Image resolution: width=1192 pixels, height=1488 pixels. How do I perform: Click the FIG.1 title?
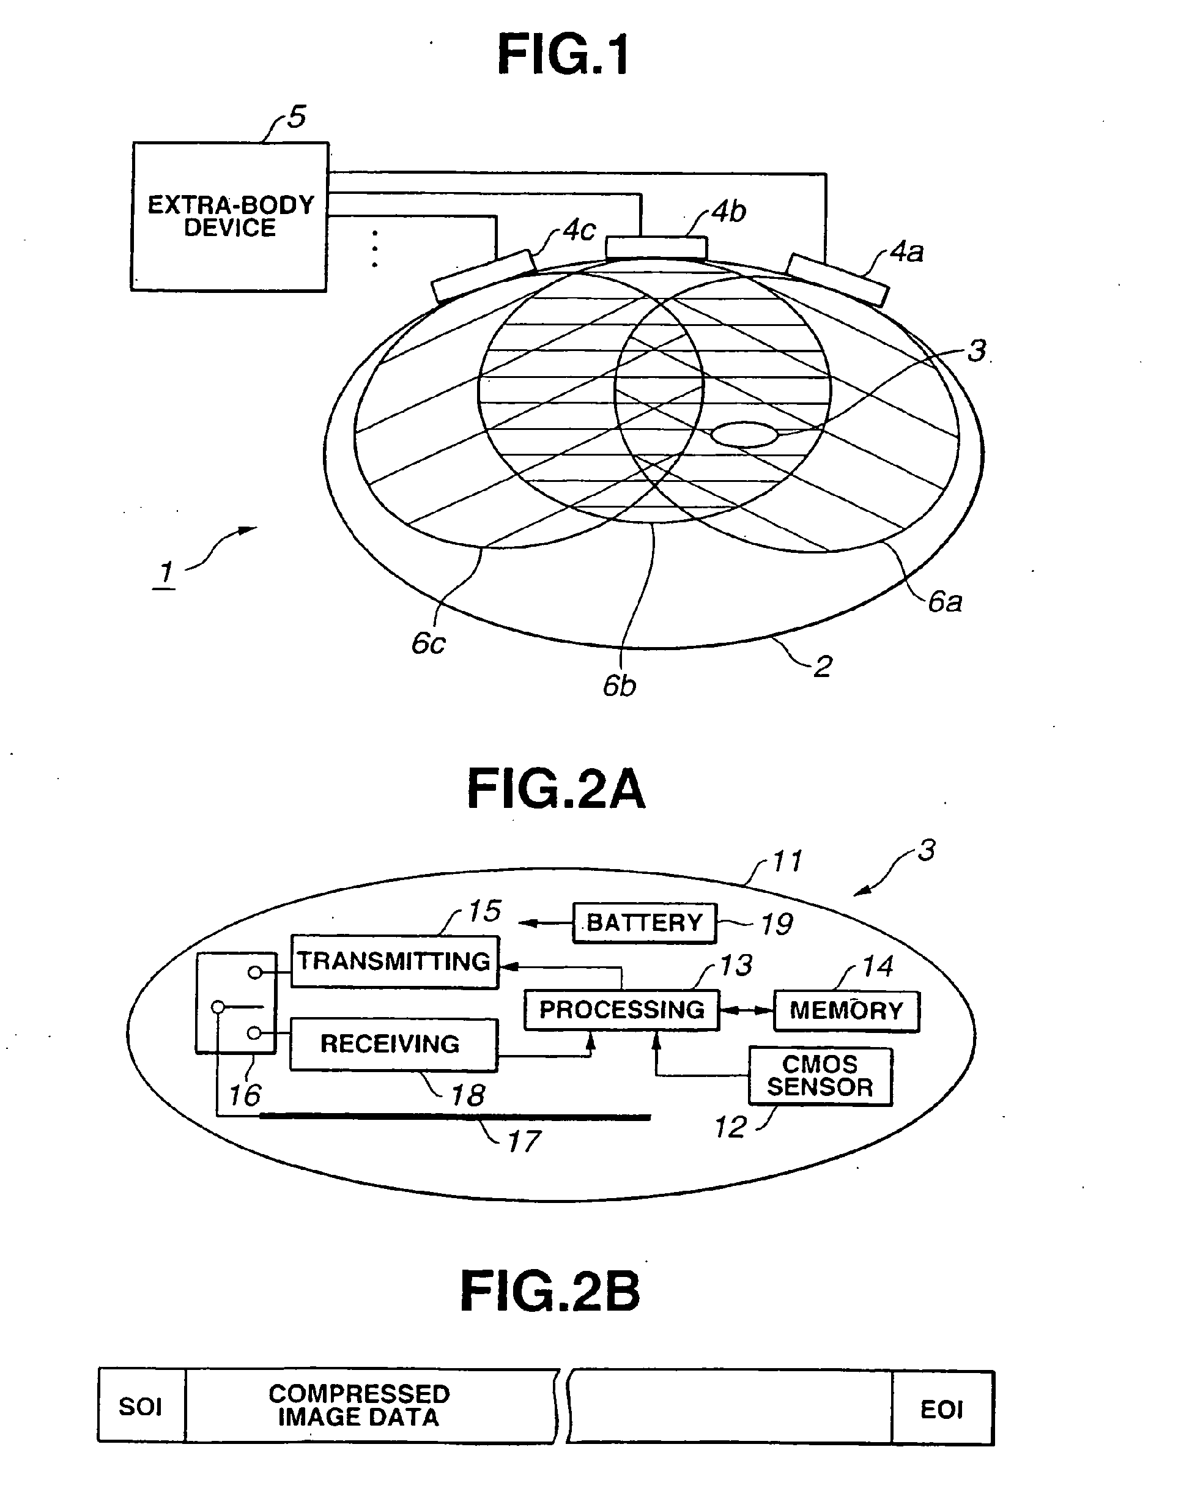click(563, 55)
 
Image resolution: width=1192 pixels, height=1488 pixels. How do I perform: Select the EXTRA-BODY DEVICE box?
click(230, 217)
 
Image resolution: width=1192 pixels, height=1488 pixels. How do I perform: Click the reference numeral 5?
click(296, 117)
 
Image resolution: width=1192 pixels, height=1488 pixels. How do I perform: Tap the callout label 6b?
click(619, 686)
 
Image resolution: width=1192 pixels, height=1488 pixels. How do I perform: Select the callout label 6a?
click(944, 602)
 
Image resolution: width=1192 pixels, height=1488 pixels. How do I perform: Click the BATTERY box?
click(644, 923)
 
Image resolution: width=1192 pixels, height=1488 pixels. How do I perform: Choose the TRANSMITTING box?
click(394, 961)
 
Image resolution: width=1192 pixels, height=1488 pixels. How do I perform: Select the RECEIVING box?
click(393, 1044)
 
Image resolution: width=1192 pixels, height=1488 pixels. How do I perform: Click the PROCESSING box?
click(621, 1010)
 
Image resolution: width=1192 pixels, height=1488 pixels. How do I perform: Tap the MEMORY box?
click(846, 1011)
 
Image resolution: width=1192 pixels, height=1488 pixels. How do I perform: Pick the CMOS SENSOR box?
click(820, 1076)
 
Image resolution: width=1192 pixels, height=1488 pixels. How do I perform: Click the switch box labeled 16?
click(236, 1004)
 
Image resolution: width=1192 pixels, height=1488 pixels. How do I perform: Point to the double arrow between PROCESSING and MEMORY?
click(746, 1010)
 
